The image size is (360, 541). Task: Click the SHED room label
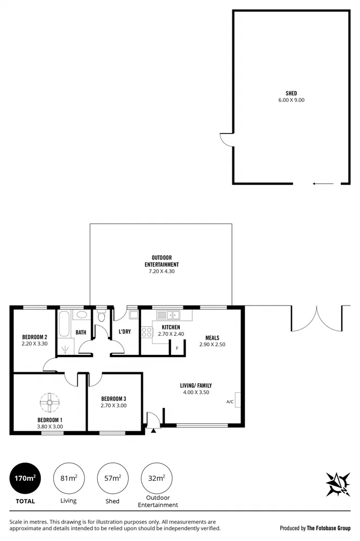292,93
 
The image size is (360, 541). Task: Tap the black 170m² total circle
26,478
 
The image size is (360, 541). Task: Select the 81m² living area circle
68,478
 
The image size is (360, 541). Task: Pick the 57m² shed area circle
112,478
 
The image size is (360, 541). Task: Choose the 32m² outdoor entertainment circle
156,478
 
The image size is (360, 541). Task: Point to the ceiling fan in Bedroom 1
48,403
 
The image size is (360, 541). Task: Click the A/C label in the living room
230,402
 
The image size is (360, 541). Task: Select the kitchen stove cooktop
147,333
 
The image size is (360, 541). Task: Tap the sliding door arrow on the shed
323,184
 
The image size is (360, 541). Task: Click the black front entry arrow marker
154,431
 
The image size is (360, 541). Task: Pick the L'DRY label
124,332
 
